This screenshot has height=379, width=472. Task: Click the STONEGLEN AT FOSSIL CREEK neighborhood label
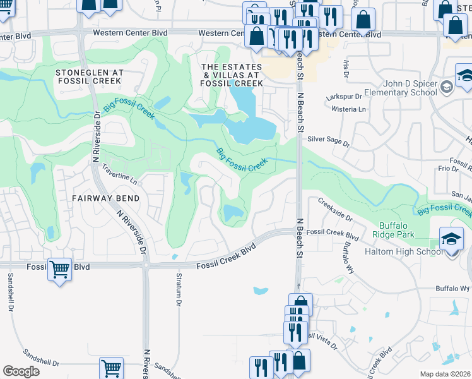[90, 77]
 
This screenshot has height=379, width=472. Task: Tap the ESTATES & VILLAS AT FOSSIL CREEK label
[232, 75]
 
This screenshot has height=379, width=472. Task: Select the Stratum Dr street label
[179, 294]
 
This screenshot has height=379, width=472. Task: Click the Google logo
[21, 371]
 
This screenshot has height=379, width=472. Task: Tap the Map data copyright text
[444, 374]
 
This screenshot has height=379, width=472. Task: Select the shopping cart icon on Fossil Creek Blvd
[59, 269]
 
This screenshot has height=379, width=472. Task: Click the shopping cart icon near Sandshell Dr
[111, 367]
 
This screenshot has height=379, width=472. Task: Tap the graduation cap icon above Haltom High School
[451, 238]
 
